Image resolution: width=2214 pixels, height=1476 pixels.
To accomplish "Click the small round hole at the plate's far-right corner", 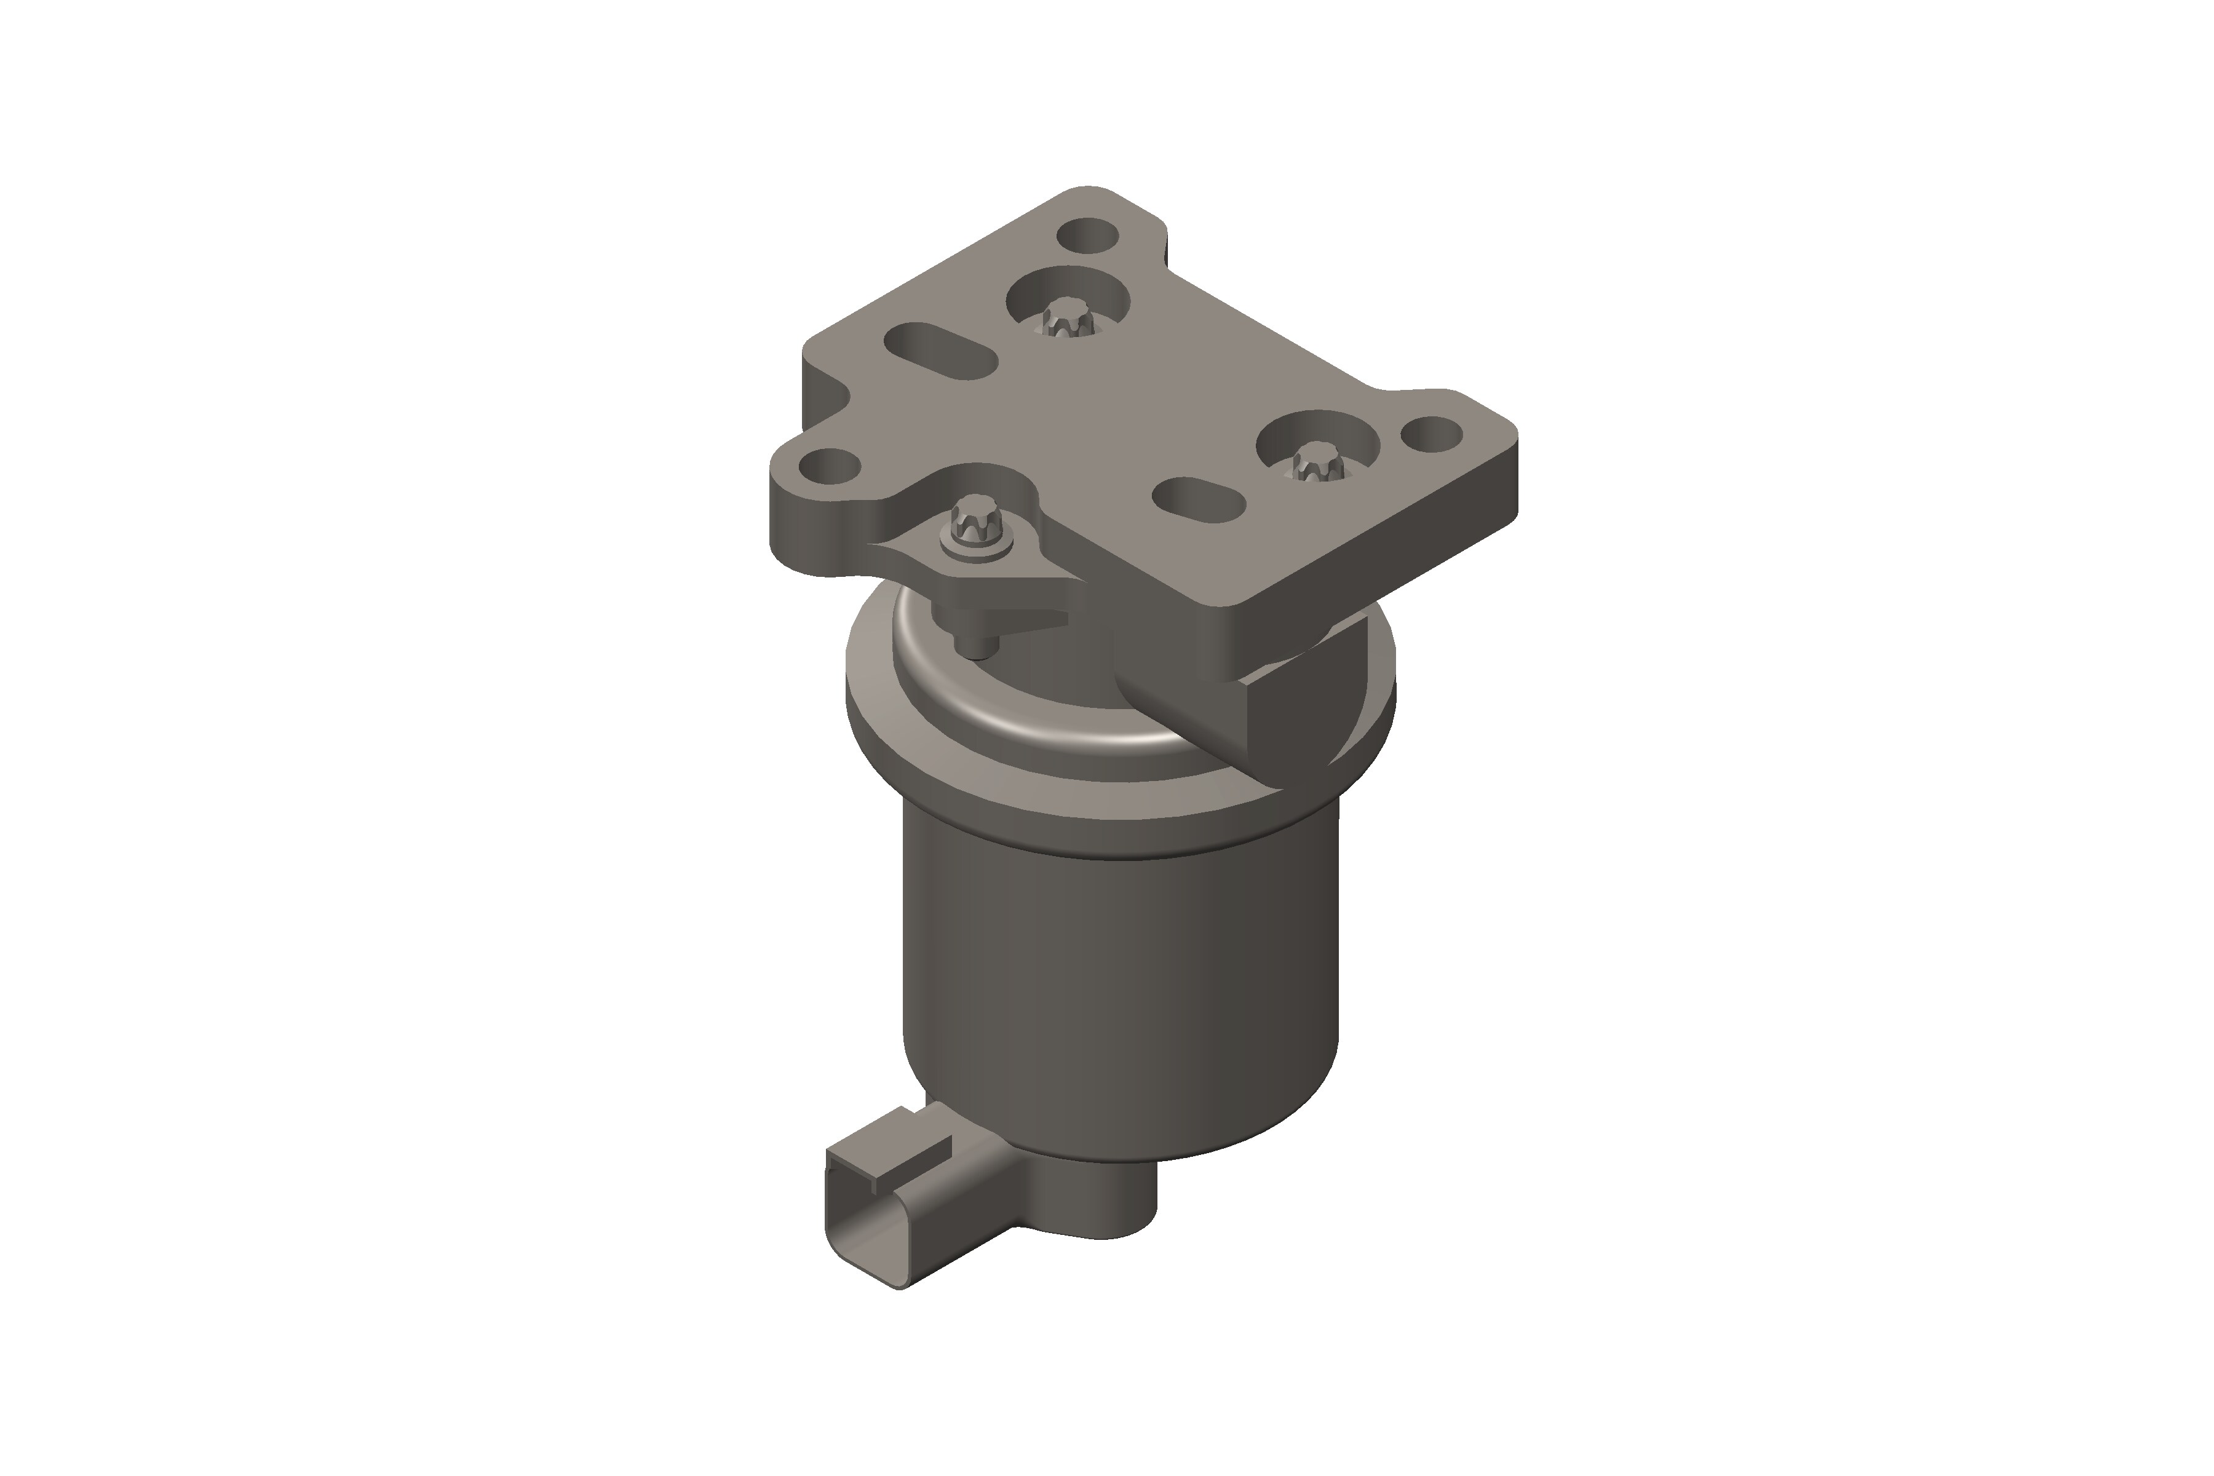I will (1432, 434).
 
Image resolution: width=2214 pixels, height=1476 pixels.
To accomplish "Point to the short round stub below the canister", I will (1111, 1210).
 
